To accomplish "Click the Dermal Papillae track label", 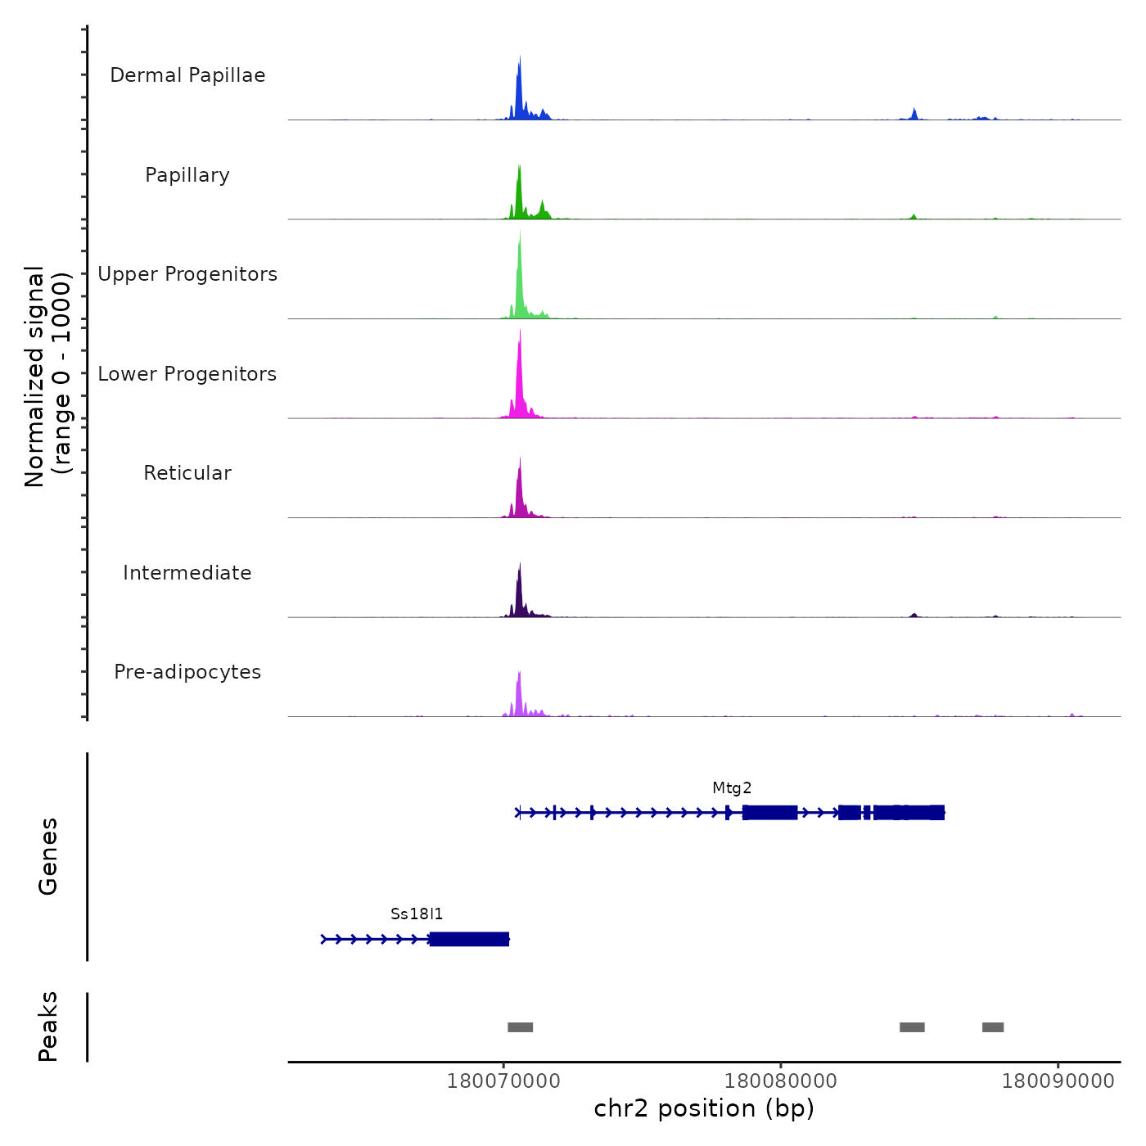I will (187, 75).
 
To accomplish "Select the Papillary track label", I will (187, 175).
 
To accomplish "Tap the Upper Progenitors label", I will (187, 274).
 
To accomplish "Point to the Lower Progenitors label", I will (187, 374).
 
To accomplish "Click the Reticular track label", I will (187, 473).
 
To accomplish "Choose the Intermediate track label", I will (187, 573).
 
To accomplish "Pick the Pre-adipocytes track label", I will (187, 672).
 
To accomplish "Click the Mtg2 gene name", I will (732, 788).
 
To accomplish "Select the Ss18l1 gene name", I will (417, 914).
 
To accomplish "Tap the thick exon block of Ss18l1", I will (469, 939).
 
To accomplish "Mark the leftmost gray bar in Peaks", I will (520, 1027).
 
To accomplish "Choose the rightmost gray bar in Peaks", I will (993, 1027).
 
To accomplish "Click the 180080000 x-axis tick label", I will (781, 1081).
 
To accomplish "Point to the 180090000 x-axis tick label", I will (1058, 1081).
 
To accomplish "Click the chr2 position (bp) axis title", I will (704, 1108).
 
